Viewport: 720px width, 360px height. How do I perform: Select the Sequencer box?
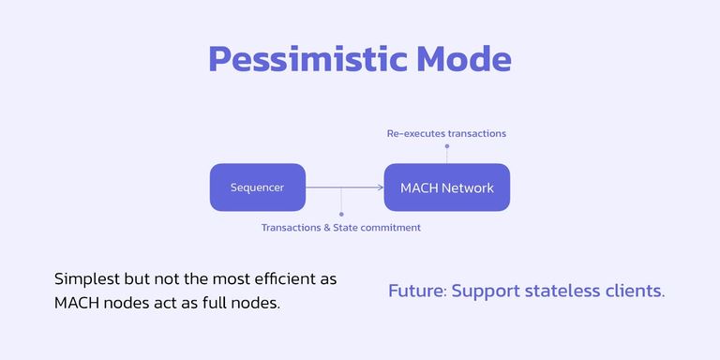(257, 187)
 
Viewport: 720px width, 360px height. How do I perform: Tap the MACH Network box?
(446, 187)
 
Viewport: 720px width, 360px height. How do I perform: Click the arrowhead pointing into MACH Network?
(380, 187)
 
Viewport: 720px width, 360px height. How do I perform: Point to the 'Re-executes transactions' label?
(446, 133)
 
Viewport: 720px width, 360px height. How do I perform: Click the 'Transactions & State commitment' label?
(340, 227)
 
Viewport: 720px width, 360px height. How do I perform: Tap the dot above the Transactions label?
(341, 214)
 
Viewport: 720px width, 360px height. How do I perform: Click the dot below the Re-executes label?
(447, 146)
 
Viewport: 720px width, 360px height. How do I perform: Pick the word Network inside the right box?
(468, 187)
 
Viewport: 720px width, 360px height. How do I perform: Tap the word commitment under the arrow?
(392, 227)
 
